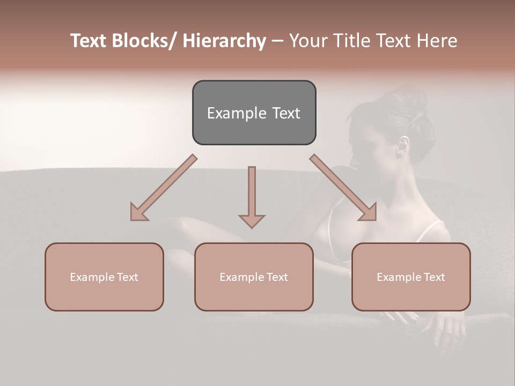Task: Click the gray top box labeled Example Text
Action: point(254,113)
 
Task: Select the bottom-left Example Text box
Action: point(104,277)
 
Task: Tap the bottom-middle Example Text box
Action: point(254,277)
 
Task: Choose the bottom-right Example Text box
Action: point(411,277)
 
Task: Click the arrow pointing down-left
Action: point(164,187)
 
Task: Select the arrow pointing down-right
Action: point(343,187)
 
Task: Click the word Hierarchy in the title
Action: point(224,41)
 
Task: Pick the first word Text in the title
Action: point(89,41)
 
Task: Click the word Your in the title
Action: point(306,41)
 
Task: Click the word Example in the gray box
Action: point(230,113)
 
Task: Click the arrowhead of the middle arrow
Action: point(252,220)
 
